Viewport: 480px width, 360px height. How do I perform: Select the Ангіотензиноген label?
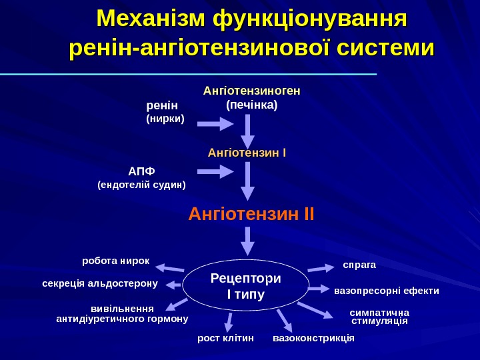tap(251, 91)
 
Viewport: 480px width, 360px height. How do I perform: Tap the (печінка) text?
tap(251, 105)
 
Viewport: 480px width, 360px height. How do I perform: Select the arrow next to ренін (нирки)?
tap(214, 124)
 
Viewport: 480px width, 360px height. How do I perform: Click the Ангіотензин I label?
tap(247, 153)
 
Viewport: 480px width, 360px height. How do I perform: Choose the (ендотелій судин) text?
tap(141, 184)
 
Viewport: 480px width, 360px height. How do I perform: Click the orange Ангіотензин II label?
tap(251, 215)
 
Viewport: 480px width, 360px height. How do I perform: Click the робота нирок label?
tap(115, 260)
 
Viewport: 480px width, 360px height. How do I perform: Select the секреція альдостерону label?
tap(99, 283)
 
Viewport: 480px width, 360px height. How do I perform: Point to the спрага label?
tap(359, 265)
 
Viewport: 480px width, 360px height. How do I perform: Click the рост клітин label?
tap(226, 339)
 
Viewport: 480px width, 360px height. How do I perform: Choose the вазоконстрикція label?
tap(313, 339)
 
